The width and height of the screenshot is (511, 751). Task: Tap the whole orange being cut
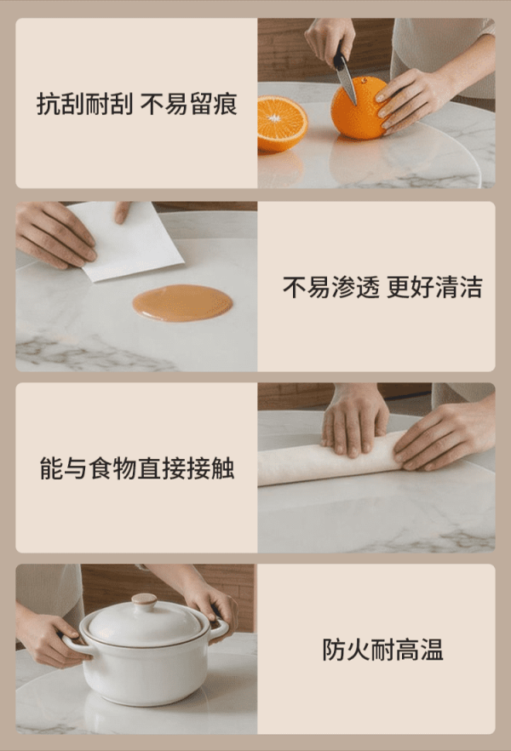pos(359,109)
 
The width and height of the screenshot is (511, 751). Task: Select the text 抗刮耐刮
pos(85,104)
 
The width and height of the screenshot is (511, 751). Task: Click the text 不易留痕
pos(189,104)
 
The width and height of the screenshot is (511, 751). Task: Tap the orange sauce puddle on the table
pos(182,303)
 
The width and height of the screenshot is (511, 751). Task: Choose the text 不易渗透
pos(331,287)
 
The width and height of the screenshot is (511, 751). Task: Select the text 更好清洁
pos(434,287)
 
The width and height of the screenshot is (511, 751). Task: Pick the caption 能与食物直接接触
pos(137,468)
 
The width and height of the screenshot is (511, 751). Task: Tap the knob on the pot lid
pos(144,599)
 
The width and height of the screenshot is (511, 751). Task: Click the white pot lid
pos(144,622)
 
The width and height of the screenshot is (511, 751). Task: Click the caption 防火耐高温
pos(382,650)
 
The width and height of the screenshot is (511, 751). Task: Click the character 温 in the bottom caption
pos(432,650)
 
